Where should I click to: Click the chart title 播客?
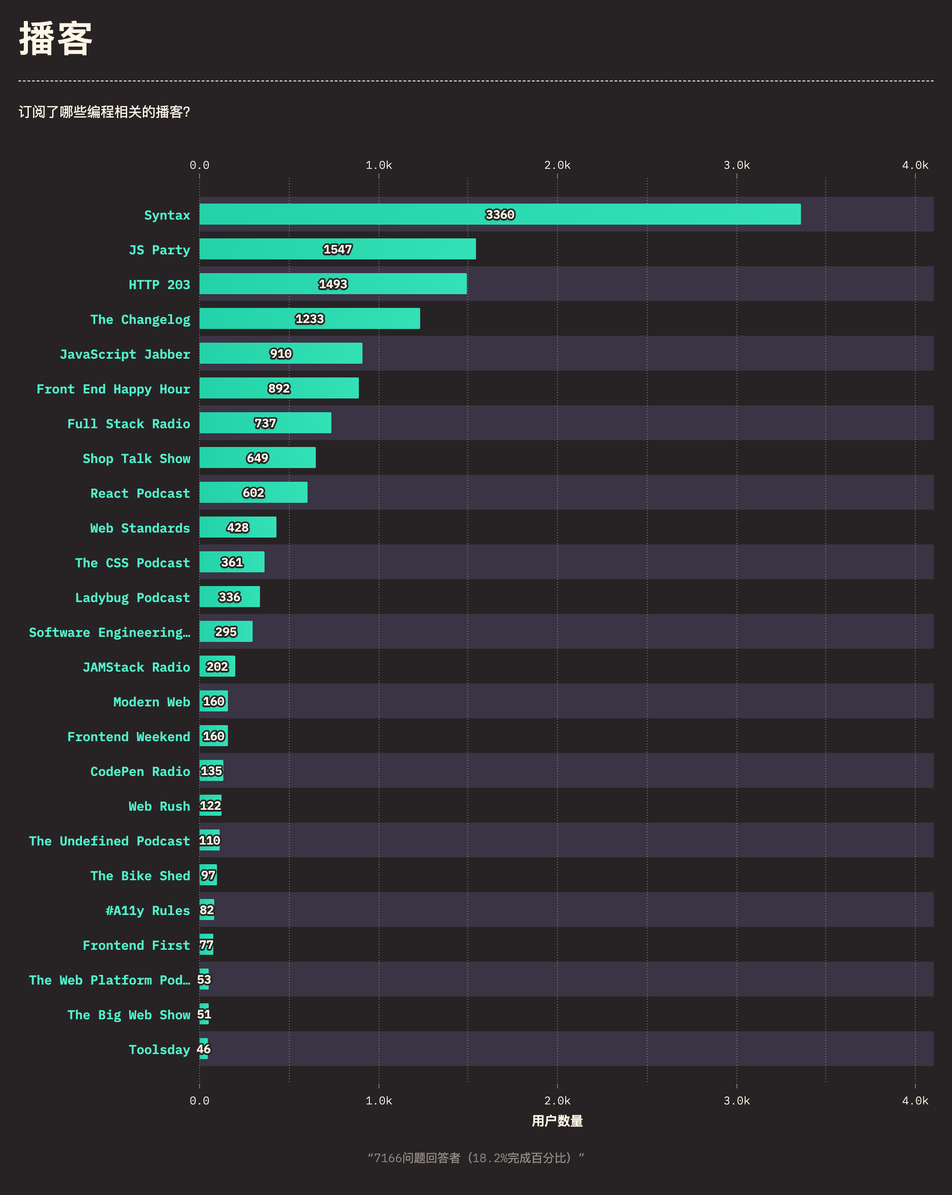pos(55,39)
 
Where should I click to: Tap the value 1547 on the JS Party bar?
pos(337,249)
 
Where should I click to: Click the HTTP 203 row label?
pos(159,285)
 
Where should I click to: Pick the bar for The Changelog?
pos(309,319)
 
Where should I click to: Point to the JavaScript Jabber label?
pos(125,354)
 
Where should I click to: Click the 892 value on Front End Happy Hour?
pos(279,388)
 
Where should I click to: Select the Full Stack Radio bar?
pos(265,423)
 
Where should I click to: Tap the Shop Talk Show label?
pos(136,458)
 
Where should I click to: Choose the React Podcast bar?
pos(254,493)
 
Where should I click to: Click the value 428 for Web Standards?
pos(238,528)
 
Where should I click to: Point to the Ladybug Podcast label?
pos(133,597)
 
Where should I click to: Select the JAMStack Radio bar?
pos(217,666)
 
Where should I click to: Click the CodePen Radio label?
pos(140,771)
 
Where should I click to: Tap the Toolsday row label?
pos(159,1050)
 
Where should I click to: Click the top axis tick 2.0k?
pos(557,165)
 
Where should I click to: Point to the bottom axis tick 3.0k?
pos(736,1101)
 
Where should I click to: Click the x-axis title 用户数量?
pos(557,1121)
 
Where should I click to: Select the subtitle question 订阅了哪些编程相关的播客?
pos(104,112)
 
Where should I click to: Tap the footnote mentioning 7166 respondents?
pos(476,1158)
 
